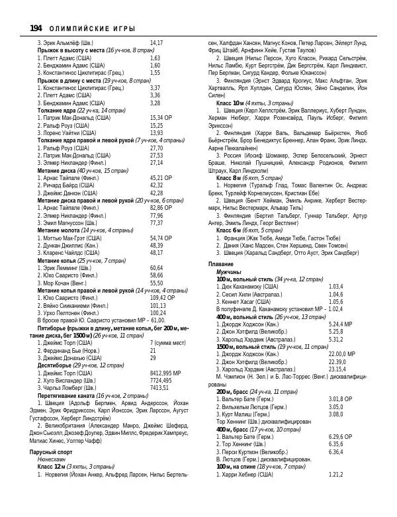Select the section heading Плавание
click(x=221, y=264)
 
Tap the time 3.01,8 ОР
click(x=340, y=399)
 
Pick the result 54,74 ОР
click(x=161, y=238)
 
